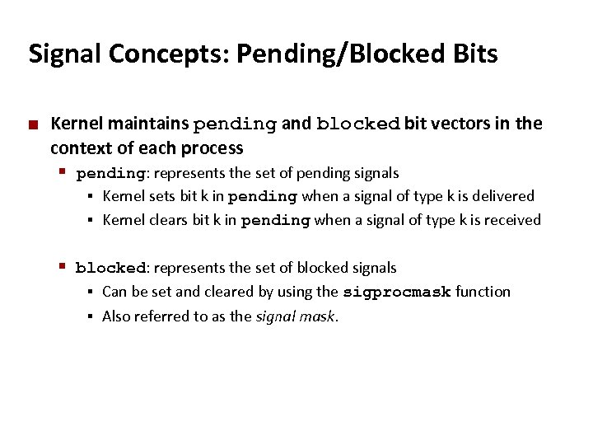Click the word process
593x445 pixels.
tap(216, 148)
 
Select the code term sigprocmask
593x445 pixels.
tap(396, 292)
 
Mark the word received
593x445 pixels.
tap(508, 220)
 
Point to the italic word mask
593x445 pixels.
tap(319, 316)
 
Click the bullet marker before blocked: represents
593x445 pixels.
tap(63, 265)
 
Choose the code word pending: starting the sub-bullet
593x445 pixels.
tap(112, 174)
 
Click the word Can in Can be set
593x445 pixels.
tap(114, 292)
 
